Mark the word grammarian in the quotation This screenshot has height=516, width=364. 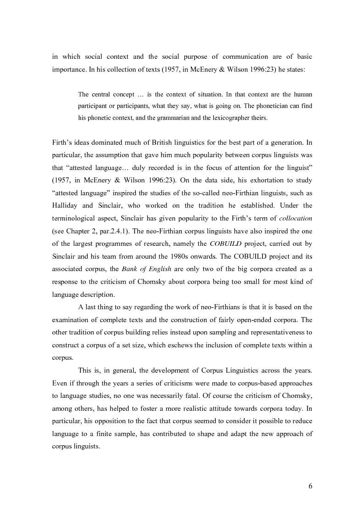click(x=159, y=118)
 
